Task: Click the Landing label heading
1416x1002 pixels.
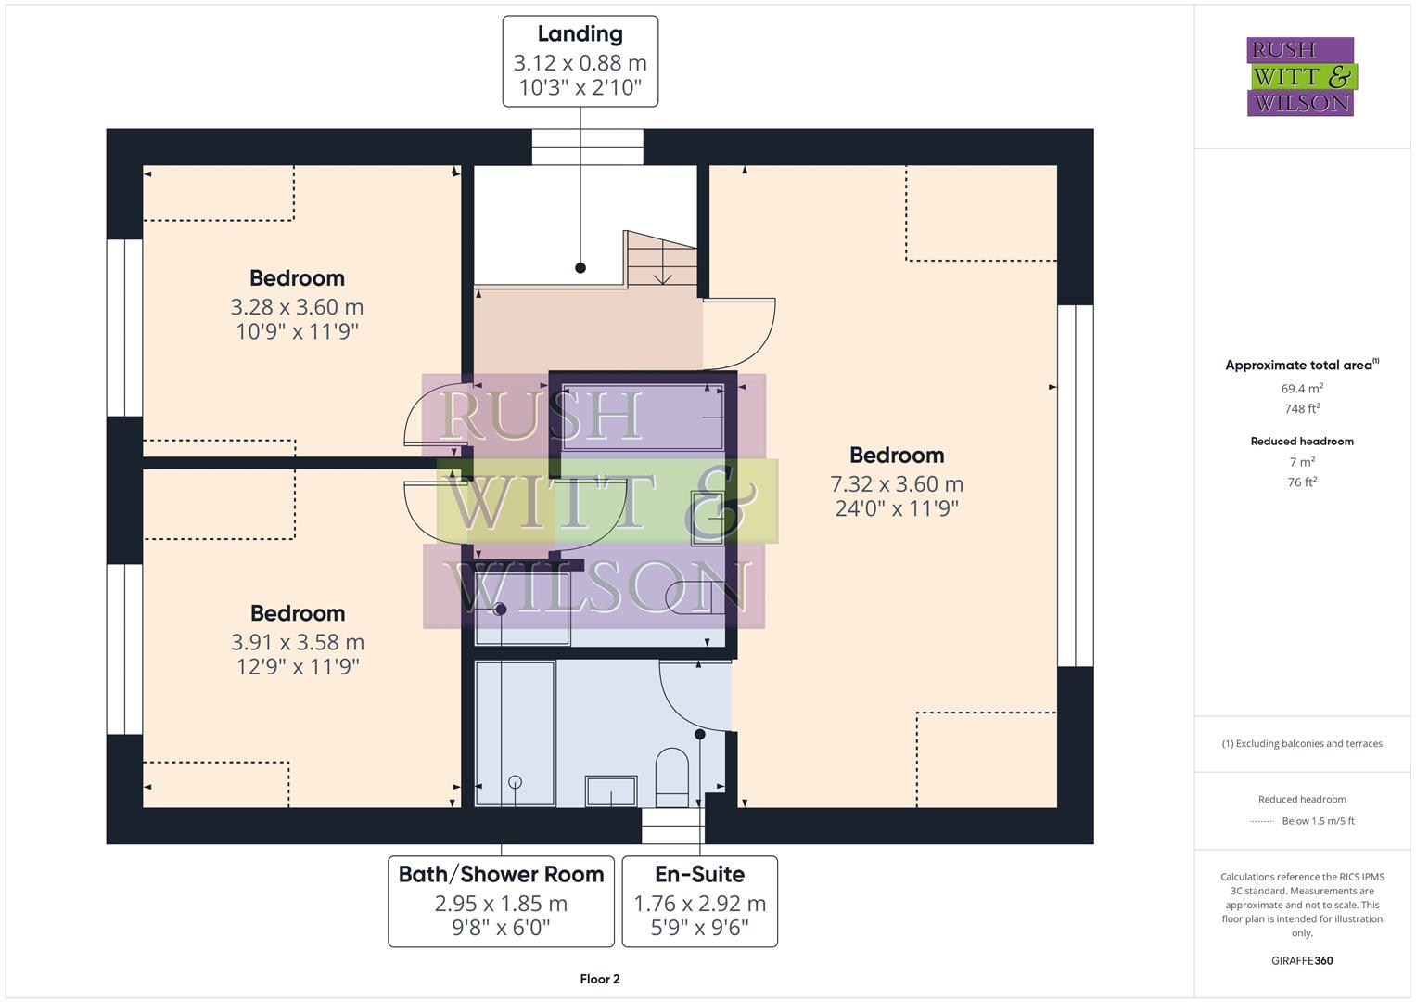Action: tap(580, 34)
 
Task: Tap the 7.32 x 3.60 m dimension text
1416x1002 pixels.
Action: tap(896, 484)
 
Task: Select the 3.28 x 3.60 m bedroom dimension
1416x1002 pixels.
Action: tap(297, 307)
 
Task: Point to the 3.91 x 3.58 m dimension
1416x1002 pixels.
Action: tap(297, 642)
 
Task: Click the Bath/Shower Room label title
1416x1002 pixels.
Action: tap(501, 874)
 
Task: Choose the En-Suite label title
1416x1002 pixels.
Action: tap(699, 874)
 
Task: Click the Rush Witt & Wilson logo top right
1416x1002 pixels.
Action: tap(1300, 77)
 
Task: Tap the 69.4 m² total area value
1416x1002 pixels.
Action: tap(1302, 389)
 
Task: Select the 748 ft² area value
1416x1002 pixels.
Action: tap(1302, 409)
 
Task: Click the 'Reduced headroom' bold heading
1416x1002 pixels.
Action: tap(1302, 442)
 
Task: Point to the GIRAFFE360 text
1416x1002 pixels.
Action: tap(1302, 960)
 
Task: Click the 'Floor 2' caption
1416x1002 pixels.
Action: tap(600, 979)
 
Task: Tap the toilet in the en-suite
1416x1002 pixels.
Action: tap(672, 777)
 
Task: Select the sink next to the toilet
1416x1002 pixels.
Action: tap(611, 791)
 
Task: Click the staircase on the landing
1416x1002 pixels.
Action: tap(661, 259)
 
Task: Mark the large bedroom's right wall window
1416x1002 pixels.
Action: tap(1076, 485)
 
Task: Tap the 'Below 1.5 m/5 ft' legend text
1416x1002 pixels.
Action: tap(1318, 821)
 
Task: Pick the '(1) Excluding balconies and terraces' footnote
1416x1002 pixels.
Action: tap(1302, 743)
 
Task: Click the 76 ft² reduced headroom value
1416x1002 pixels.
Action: tap(1302, 482)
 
